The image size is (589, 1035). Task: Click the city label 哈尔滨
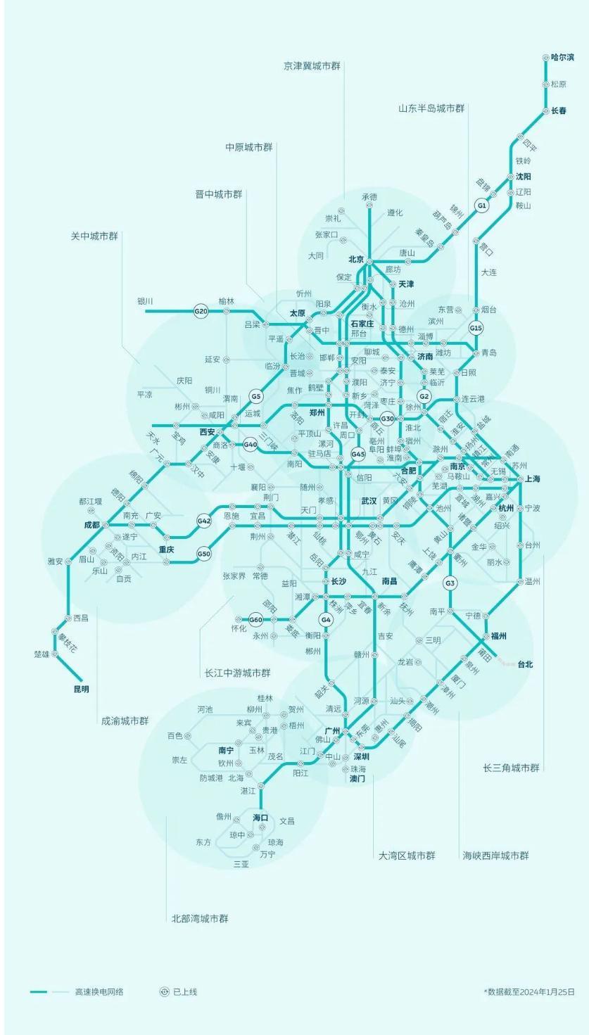(562, 57)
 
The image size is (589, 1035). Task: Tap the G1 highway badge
(481, 205)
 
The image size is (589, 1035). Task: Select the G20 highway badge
(201, 310)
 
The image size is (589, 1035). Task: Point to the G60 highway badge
(255, 620)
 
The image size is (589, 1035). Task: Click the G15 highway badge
(476, 328)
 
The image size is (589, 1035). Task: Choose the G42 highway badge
(204, 521)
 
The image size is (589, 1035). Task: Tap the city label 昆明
(82, 689)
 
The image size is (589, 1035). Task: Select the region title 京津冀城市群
(312, 65)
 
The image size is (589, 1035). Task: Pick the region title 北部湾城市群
(200, 918)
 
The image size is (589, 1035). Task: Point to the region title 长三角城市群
(512, 767)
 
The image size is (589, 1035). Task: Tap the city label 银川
(145, 301)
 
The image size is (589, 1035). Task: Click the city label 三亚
(241, 863)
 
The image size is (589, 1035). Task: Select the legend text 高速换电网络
(99, 991)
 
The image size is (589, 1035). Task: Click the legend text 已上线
(185, 991)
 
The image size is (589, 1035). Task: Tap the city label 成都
(91, 524)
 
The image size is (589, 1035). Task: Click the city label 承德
(369, 196)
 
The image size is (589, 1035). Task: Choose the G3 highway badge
(450, 583)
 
